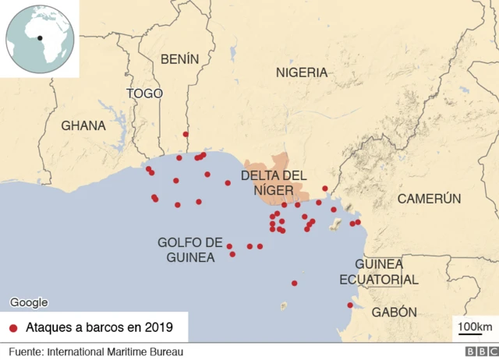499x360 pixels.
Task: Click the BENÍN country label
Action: [179, 58]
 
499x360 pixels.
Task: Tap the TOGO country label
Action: [145, 94]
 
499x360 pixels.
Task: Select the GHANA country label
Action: [83, 125]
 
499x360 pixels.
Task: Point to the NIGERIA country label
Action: [302, 72]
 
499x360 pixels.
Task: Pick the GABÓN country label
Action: [394, 312]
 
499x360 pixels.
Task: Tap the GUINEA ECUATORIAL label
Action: [378, 272]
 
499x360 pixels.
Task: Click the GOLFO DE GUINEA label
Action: [190, 249]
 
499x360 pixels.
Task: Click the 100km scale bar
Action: [474, 326]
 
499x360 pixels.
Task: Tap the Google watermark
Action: [29, 303]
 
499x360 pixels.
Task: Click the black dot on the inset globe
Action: [39, 37]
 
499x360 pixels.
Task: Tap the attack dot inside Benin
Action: [186, 134]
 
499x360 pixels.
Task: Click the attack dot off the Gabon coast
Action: [350, 305]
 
